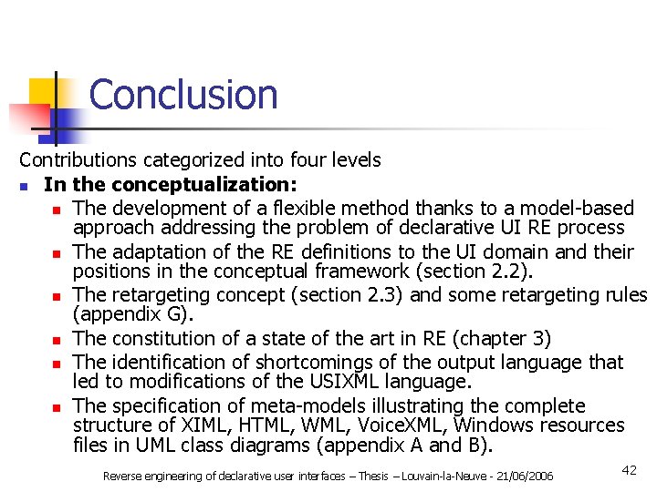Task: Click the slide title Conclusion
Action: pyautogui.click(x=183, y=95)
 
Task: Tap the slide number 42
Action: pyautogui.click(x=629, y=469)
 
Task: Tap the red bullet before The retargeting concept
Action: pyautogui.click(x=56, y=296)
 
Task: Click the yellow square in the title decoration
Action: pyautogui.click(x=43, y=92)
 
